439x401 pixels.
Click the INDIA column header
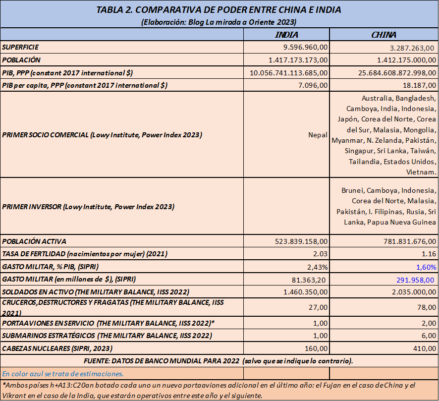[x=286, y=35]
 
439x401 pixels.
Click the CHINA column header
[x=384, y=35]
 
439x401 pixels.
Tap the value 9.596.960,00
[x=300, y=48]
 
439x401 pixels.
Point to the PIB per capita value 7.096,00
[x=312, y=85]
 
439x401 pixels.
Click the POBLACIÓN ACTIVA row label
[x=35, y=241]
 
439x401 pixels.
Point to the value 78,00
[x=426, y=307]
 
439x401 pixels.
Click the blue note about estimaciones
[x=63, y=373]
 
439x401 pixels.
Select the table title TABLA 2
[x=219, y=10]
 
